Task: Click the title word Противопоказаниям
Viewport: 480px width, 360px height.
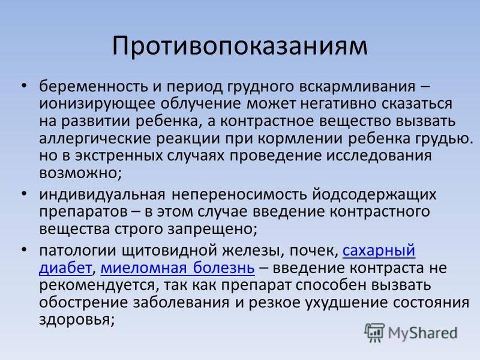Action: pyautogui.click(x=239, y=46)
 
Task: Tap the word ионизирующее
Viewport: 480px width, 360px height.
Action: pyautogui.click(x=97, y=104)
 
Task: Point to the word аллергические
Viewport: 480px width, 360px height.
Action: pyautogui.click(x=95, y=139)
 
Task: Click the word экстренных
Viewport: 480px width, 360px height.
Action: pyautogui.click(x=119, y=156)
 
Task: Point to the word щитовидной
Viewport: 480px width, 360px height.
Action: pyautogui.click(x=170, y=251)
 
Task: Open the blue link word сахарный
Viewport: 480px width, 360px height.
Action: pyautogui.click(x=379, y=251)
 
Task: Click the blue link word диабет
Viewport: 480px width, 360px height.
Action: pyautogui.click(x=65, y=268)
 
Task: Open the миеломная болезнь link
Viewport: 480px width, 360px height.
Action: pyautogui.click(x=178, y=268)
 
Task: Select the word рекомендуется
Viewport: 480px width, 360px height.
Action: pyautogui.click(x=97, y=286)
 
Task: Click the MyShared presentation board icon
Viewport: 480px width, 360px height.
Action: pyautogui.click(x=374, y=333)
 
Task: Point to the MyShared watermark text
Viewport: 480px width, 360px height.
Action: pyautogui.click(x=422, y=334)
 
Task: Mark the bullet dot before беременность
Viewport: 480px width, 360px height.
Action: pyautogui.click(x=24, y=86)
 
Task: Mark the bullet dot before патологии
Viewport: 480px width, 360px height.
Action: pyautogui.click(x=24, y=250)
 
